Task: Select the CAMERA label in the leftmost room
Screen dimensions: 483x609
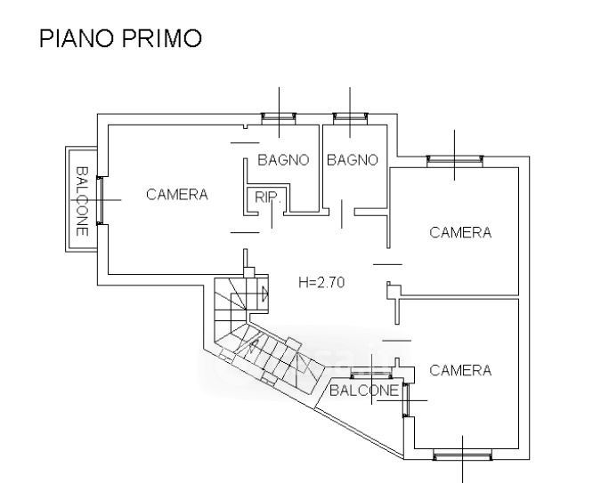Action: coord(177,195)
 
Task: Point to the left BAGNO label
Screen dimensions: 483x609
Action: coord(283,161)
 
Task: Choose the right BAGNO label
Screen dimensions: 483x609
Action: coord(353,161)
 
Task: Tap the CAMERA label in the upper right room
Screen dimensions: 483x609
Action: coord(460,233)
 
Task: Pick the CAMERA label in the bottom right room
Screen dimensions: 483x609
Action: coord(460,370)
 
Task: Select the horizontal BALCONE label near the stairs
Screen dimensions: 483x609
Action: coord(363,390)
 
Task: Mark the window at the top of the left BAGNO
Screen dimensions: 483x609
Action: coord(280,117)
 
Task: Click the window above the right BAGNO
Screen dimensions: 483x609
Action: coord(351,117)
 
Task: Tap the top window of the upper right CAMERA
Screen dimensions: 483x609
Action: coord(455,161)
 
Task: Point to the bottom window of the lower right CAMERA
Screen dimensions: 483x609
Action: coord(463,456)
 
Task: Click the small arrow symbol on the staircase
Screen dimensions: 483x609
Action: coord(264,292)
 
